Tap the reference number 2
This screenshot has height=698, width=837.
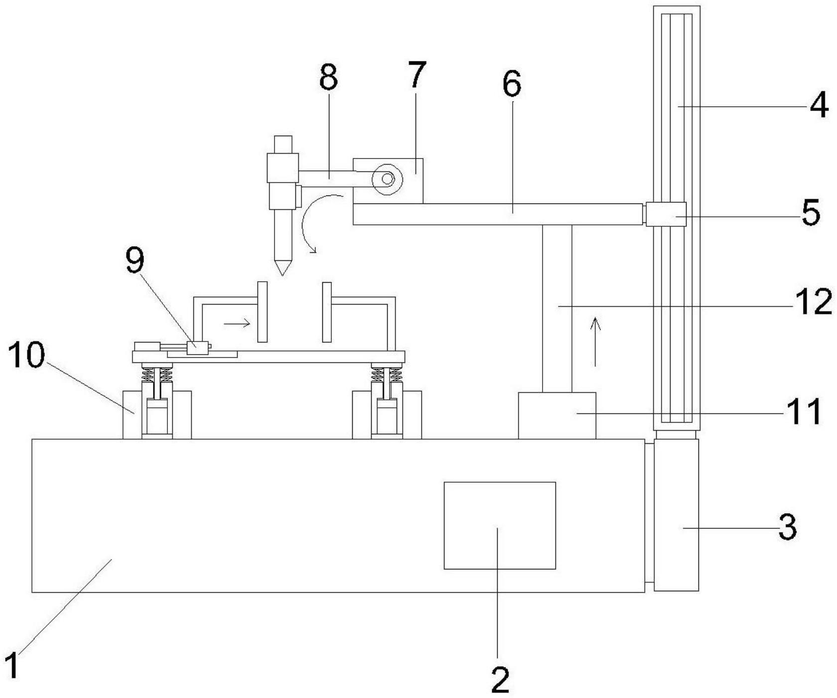500,678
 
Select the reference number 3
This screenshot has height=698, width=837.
787,527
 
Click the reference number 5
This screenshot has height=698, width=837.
811,213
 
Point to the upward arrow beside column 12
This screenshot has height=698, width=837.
595,342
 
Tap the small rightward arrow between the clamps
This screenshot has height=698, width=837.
237,324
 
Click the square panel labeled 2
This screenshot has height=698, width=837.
500,525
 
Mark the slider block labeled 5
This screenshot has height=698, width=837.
666,214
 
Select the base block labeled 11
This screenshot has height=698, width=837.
557,415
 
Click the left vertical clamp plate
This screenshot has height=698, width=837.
262,312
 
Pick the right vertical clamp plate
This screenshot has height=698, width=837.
327,312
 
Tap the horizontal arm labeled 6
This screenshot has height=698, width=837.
498,214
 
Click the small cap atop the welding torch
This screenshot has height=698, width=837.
282,144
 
